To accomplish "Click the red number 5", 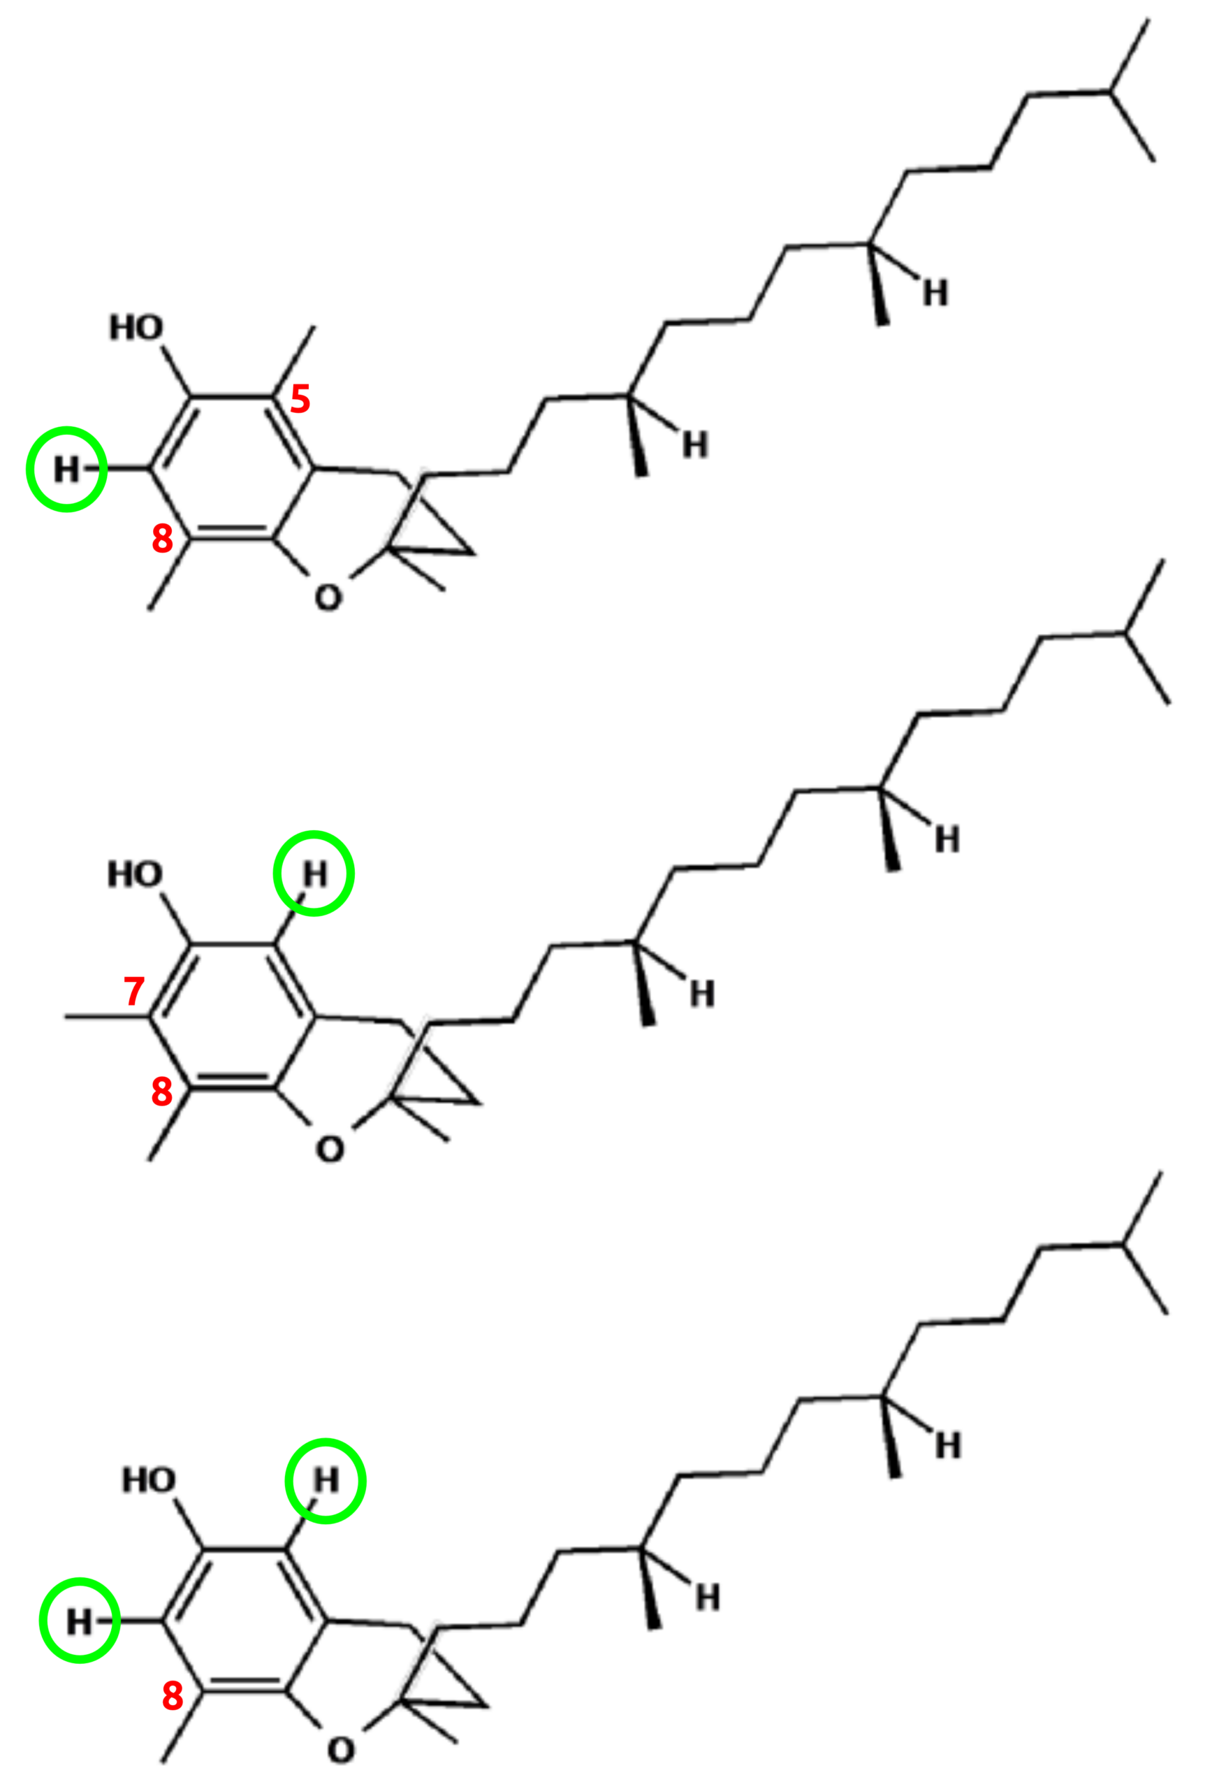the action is coord(300,399).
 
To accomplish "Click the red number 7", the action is coord(134,991).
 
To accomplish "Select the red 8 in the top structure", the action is coord(161,538).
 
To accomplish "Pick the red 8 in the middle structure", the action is coord(161,1091).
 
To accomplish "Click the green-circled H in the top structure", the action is coord(66,469).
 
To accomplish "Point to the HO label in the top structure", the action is coord(136,328).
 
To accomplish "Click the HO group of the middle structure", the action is coord(135,874).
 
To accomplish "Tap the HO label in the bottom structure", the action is coord(149,1479).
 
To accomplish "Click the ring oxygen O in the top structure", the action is coord(328,597).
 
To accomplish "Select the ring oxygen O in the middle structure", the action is coord(330,1150).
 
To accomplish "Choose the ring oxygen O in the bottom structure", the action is coord(341,1751).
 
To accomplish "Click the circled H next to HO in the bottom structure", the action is coord(326,1479).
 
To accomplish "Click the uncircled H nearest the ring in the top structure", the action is coord(695,445).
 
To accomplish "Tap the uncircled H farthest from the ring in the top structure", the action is coord(935,294).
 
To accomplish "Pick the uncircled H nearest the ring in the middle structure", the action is coord(702,994).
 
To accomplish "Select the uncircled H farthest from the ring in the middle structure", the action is coord(947,840).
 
